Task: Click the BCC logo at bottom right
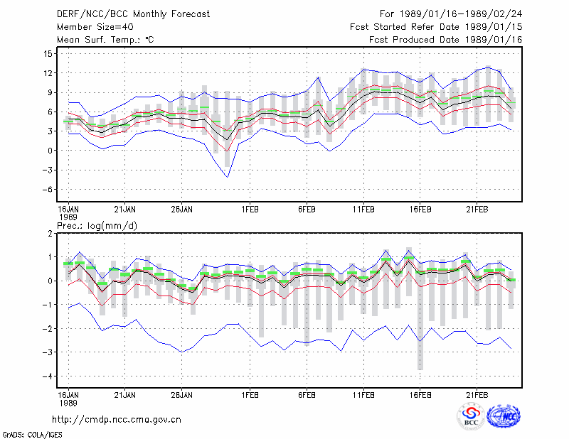click(x=471, y=416)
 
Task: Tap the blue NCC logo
click(x=504, y=416)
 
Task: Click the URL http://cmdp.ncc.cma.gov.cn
click(x=117, y=420)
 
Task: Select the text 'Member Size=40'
click(x=95, y=27)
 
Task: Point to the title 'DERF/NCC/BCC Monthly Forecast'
click(x=133, y=14)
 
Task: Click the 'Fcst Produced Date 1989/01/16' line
click(x=446, y=40)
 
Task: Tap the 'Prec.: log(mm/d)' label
click(x=97, y=226)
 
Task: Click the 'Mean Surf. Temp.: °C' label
click(x=105, y=40)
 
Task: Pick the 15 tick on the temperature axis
click(x=48, y=54)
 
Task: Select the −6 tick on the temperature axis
click(x=47, y=189)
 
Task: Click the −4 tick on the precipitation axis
click(x=47, y=376)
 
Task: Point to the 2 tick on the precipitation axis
click(x=50, y=234)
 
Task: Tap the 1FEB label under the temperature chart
click(x=250, y=210)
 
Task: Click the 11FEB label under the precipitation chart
click(x=363, y=395)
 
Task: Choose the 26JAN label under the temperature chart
click(x=182, y=210)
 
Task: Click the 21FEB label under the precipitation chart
click(x=477, y=395)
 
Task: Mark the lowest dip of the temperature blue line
click(x=228, y=178)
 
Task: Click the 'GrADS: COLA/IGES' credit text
click(x=33, y=435)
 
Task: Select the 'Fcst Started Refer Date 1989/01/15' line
click(x=436, y=27)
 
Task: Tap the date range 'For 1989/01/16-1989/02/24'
click(x=451, y=14)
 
